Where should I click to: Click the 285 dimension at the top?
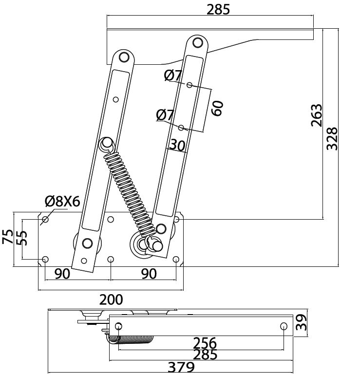(x=218, y=9)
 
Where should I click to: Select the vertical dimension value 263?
(x=317, y=115)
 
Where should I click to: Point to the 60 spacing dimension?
(x=217, y=108)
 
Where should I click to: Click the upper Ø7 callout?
(x=173, y=75)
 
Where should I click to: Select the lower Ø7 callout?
(x=165, y=115)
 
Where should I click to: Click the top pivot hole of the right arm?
(x=198, y=42)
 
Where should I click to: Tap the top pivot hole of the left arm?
(x=123, y=57)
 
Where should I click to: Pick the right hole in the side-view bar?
(x=284, y=325)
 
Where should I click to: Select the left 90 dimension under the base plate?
(x=62, y=274)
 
